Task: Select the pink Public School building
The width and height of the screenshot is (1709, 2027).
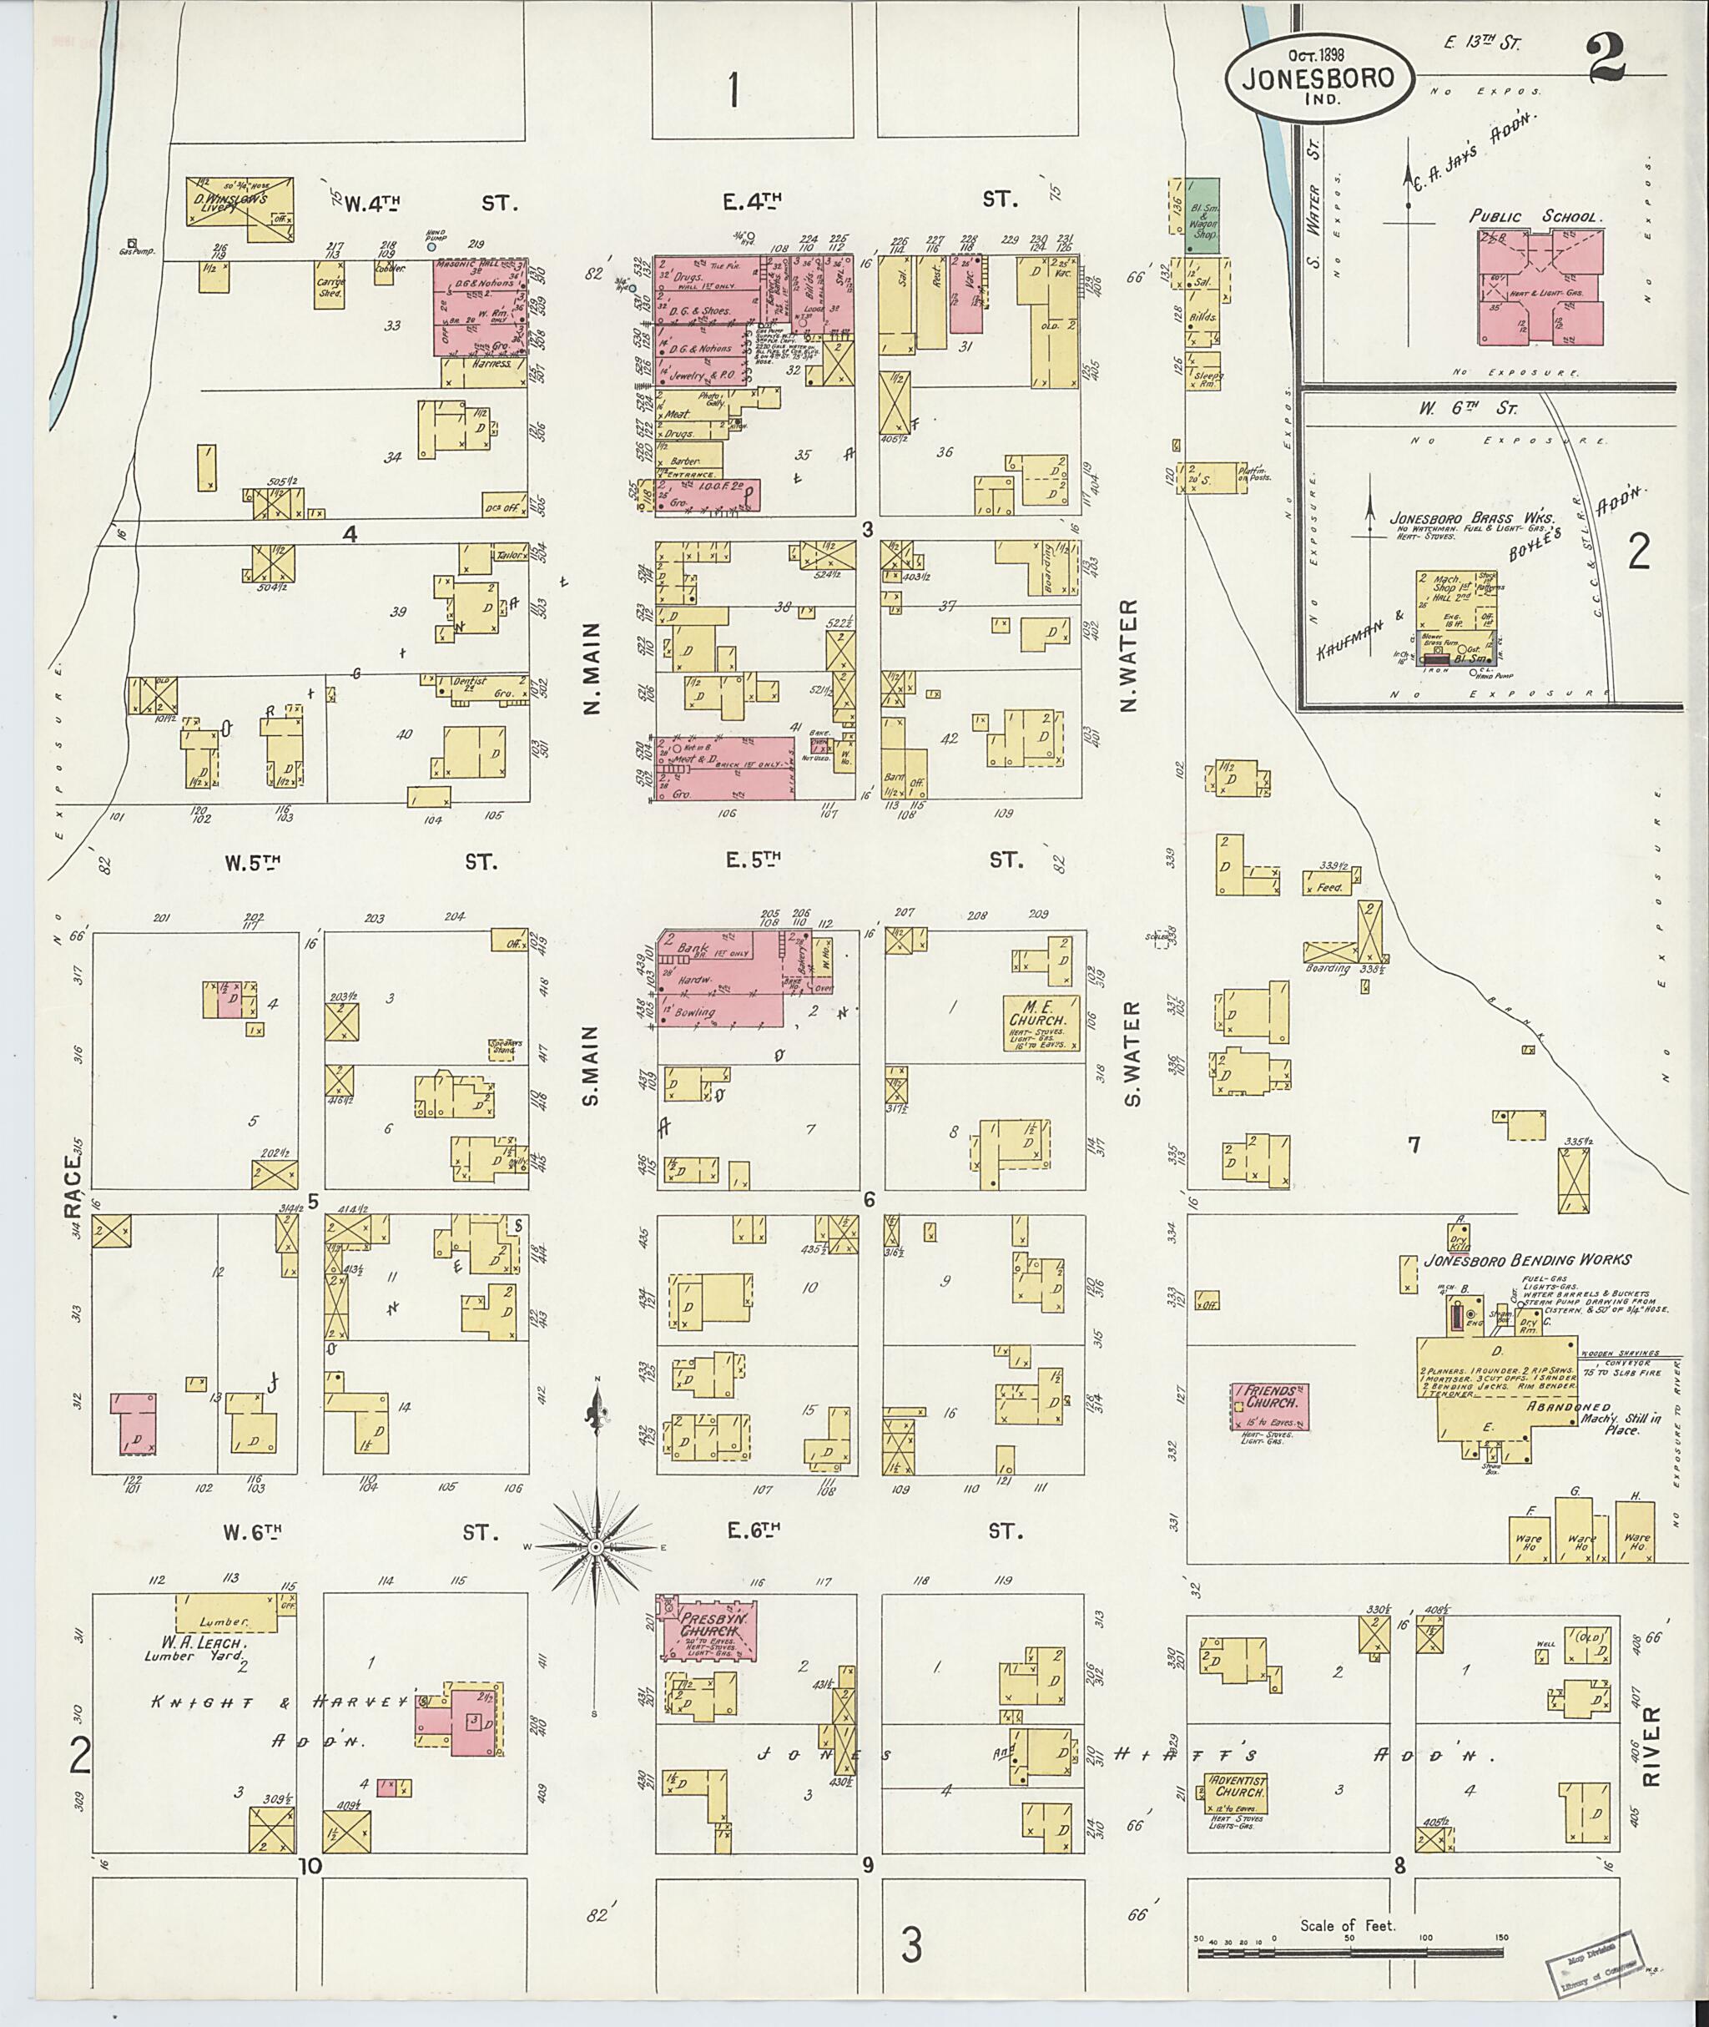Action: (1540, 288)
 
